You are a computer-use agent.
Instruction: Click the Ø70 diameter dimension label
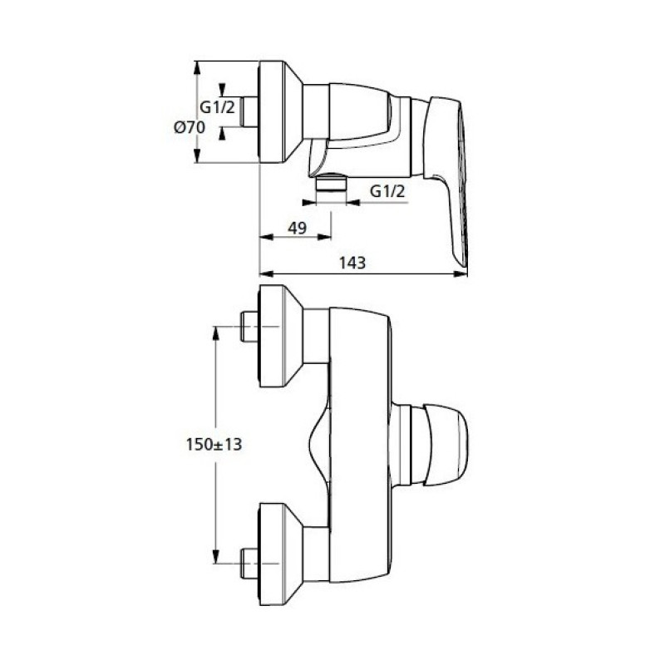(x=190, y=127)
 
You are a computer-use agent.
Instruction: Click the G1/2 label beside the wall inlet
(x=217, y=107)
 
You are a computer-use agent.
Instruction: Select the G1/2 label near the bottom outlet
(x=387, y=192)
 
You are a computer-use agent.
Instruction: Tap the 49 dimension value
(x=297, y=228)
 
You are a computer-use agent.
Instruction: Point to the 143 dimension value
(x=352, y=263)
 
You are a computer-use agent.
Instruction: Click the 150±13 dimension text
(x=214, y=445)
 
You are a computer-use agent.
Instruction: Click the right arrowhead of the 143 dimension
(x=461, y=274)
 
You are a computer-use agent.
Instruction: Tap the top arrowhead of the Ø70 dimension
(x=196, y=68)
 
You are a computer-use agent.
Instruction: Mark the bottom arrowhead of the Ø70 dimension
(x=196, y=155)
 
